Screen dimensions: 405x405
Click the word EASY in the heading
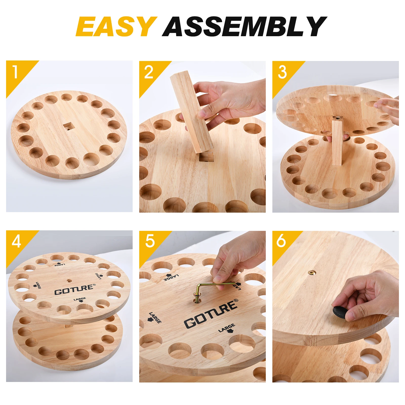point(116,26)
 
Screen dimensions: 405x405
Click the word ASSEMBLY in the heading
point(245,26)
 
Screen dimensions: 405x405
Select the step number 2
point(149,72)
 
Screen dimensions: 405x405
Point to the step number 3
point(282,72)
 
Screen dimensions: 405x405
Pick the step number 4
point(16,241)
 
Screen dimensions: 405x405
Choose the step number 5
point(150,241)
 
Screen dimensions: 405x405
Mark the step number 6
point(281,240)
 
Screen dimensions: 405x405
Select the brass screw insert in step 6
point(312,273)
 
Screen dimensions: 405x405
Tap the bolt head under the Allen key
point(197,296)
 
